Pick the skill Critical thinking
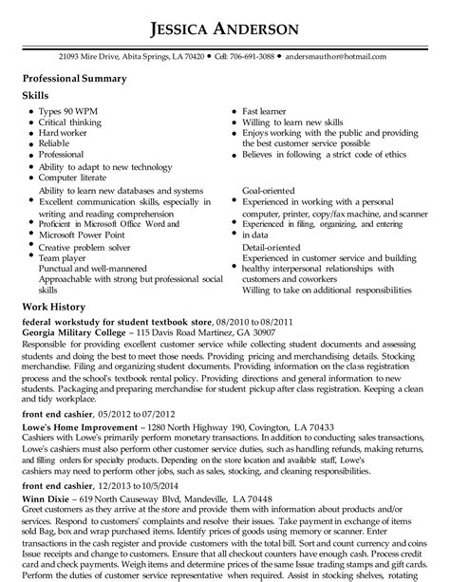click(x=70, y=122)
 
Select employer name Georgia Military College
click(x=72, y=333)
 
